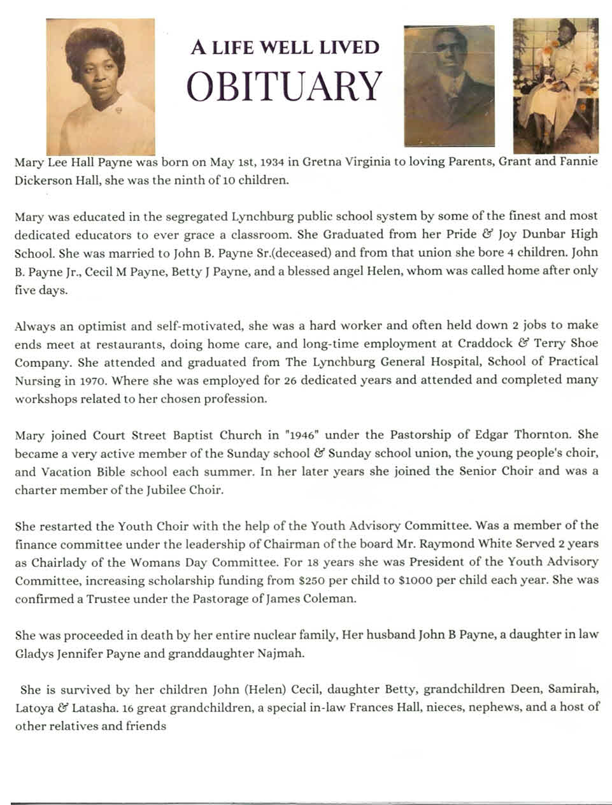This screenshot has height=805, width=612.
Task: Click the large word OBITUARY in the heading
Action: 285,86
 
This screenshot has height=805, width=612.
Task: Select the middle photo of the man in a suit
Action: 449,86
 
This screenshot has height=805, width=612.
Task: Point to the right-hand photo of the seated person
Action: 556,86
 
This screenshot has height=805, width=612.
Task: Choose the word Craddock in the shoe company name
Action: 478,344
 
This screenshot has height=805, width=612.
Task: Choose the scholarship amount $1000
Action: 439,581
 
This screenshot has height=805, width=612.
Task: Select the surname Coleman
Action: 324,599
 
